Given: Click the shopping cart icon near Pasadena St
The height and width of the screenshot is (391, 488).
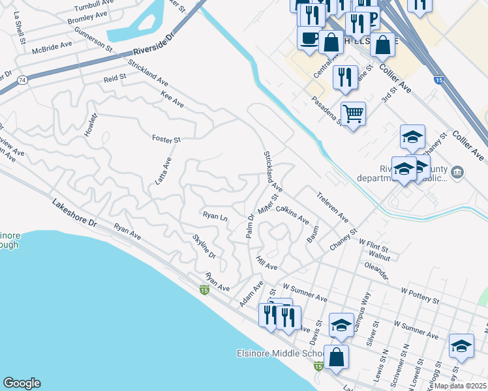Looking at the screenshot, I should (352, 114).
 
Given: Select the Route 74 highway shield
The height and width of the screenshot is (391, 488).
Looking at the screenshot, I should (22, 80).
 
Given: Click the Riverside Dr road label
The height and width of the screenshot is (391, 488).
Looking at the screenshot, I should (154, 44).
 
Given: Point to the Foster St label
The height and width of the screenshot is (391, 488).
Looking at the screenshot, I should (166, 138).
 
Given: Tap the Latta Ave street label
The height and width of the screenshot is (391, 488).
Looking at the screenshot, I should (162, 171).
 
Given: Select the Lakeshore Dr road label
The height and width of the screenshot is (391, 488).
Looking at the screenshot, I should (74, 213).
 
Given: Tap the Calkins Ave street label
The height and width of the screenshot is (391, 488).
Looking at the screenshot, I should (292, 214).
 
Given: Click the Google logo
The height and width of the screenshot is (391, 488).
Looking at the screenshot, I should (22, 383).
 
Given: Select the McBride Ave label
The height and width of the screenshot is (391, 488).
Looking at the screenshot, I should (55, 46).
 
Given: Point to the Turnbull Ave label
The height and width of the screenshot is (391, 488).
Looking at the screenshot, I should (94, 6).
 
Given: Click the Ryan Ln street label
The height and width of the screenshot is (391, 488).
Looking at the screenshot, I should (215, 216).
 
